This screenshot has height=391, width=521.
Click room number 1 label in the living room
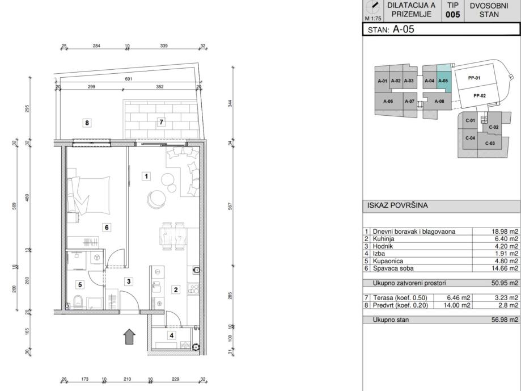pyautogui.click(x=146, y=176)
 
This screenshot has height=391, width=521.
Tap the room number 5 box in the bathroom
pyautogui.click(x=80, y=285)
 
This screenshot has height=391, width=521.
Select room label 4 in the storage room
pyautogui.click(x=171, y=335)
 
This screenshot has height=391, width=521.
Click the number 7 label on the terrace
pyautogui.click(x=161, y=122)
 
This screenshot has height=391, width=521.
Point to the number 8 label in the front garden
pyautogui.click(x=87, y=123)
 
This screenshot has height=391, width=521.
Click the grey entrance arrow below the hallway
pyautogui.click(x=129, y=337)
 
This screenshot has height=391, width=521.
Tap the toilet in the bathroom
pyautogui.click(x=78, y=301)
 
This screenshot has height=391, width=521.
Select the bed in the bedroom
pyautogui.click(x=88, y=195)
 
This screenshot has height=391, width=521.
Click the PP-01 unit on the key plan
pyautogui.click(x=474, y=78)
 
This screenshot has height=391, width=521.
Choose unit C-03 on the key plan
pyautogui.click(x=490, y=144)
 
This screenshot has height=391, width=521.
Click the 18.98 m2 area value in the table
pyautogui.click(x=505, y=232)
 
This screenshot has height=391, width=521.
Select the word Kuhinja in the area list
pyautogui.click(x=383, y=239)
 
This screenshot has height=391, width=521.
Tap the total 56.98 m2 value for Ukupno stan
pyautogui.click(x=505, y=320)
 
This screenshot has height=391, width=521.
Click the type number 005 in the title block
pyautogui.click(x=453, y=15)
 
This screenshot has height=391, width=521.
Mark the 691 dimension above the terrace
pyautogui.click(x=128, y=79)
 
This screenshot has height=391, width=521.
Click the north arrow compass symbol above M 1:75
pyautogui.click(x=373, y=7)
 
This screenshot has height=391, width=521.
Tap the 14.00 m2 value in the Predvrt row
pyautogui.click(x=457, y=305)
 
